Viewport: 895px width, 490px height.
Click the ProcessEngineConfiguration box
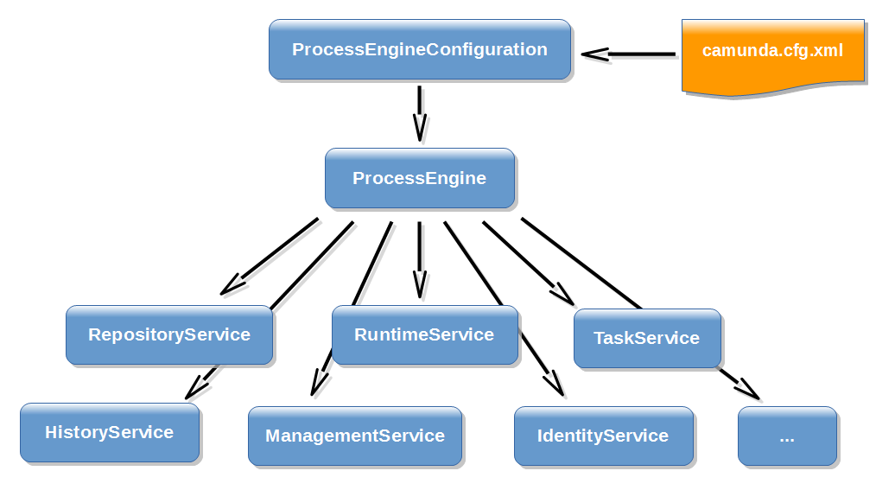coord(420,50)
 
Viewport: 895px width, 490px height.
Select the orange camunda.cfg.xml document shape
coord(772,53)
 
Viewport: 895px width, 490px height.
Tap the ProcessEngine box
coord(420,179)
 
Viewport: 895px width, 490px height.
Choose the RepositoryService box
coord(169,334)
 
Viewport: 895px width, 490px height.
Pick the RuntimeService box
coord(424,334)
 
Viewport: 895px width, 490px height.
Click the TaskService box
coord(647,338)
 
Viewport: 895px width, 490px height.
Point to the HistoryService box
coord(110,432)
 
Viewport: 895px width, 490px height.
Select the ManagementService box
coord(355,436)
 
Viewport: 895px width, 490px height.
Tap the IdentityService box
coord(603,436)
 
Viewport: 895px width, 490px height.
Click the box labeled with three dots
coord(787,436)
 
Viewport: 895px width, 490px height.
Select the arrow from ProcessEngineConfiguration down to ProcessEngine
coord(420,112)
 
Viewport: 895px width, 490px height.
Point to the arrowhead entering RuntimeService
coord(420,286)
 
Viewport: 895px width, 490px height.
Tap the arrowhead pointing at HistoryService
coord(196,387)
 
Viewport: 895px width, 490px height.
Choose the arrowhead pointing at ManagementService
coord(318,383)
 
